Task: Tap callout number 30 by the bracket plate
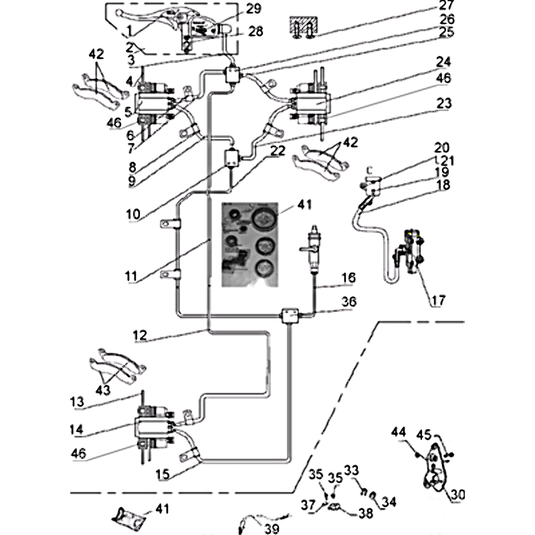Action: [457, 495]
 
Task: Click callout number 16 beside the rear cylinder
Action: [348, 278]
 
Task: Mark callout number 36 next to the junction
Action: [348, 303]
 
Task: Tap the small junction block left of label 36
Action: [290, 313]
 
